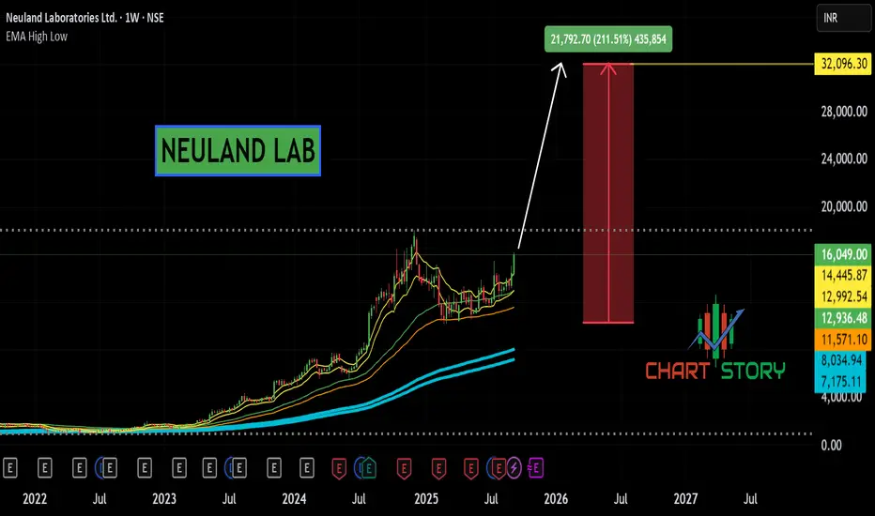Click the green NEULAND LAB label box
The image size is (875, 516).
pyautogui.click(x=238, y=150)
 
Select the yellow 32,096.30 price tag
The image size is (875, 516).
pyautogui.click(x=841, y=65)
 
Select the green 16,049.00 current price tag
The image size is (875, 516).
pyautogui.click(x=841, y=255)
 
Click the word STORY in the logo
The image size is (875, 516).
pyautogui.click(x=752, y=372)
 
